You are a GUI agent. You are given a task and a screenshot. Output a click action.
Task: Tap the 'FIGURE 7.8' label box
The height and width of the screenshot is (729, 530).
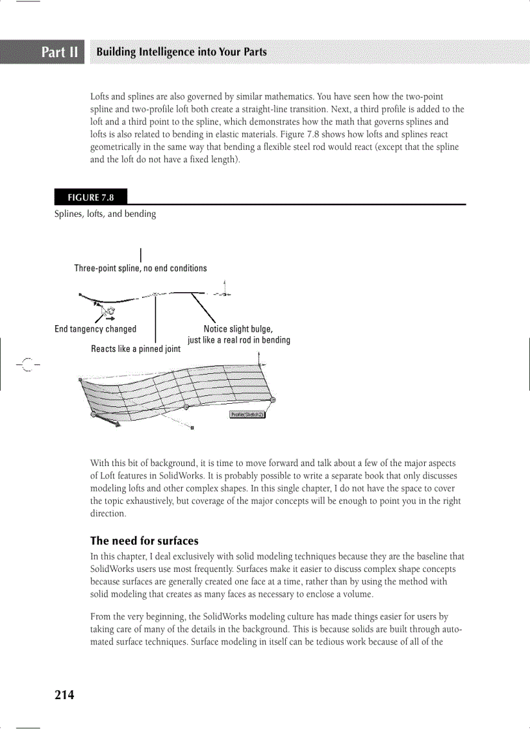90,197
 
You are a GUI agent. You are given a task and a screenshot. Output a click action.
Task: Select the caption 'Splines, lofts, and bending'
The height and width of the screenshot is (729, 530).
105,214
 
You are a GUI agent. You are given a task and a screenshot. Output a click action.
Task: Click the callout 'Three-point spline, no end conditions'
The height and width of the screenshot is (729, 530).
140,268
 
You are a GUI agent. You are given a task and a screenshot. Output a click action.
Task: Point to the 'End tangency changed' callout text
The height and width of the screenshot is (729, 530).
95,329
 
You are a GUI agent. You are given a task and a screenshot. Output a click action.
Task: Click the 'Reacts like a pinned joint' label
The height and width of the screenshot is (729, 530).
136,349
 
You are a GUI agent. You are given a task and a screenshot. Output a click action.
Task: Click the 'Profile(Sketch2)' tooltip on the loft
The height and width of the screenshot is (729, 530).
247,414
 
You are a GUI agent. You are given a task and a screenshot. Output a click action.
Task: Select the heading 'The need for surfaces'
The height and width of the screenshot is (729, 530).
144,541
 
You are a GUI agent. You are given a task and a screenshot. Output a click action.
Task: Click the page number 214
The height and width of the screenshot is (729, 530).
64,695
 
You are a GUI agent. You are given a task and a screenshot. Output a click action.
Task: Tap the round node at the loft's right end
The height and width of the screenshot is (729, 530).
273,400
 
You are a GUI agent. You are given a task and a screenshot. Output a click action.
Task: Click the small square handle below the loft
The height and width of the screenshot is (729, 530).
192,428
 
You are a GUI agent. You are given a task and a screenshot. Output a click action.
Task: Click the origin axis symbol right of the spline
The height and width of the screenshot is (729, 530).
224,293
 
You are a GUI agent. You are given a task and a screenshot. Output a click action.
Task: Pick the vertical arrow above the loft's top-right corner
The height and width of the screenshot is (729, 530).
259,358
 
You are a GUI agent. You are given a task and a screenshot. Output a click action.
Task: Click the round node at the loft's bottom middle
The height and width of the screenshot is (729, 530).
186,406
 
